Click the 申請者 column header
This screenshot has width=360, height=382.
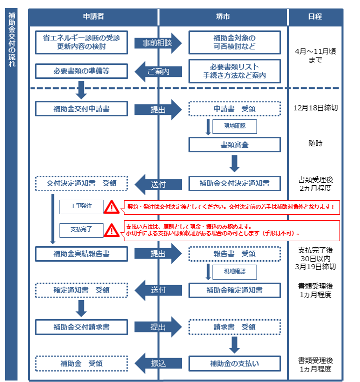point(93,16)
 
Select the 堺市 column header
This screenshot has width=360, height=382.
point(223,16)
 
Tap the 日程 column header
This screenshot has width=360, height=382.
point(315,16)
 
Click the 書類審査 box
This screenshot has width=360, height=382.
point(234,144)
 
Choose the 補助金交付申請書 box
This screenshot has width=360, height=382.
point(81,108)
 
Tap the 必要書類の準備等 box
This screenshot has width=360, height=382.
point(81,71)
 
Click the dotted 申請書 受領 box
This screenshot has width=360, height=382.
point(234,108)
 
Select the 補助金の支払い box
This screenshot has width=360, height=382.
point(234,363)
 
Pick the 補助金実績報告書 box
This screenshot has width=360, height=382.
point(81,254)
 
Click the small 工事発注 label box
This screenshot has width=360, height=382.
point(80,206)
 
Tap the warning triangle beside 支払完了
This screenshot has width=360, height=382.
point(111,230)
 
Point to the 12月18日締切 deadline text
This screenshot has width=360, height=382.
point(315,108)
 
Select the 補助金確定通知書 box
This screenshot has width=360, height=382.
point(234,290)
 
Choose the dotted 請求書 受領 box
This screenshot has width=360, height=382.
point(234,327)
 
